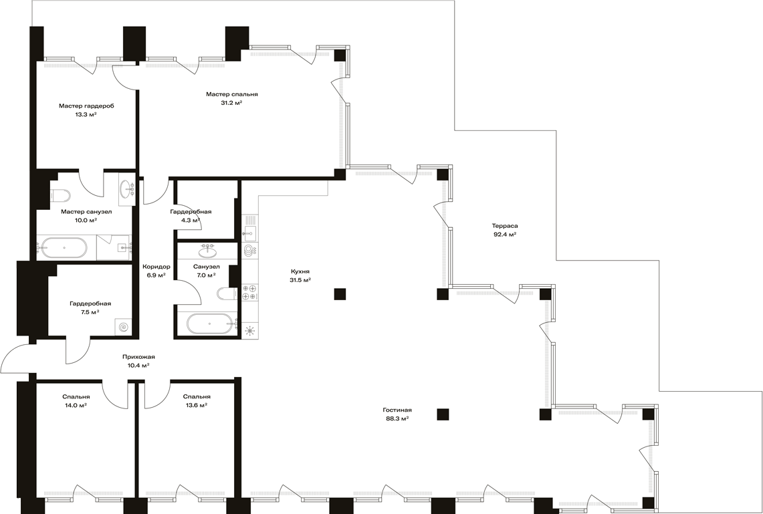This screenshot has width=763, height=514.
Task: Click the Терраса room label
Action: tap(505, 226)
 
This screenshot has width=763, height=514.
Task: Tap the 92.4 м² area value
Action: tap(505, 235)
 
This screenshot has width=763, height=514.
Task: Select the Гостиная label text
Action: tap(397, 410)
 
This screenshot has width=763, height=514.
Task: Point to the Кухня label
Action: tap(300, 271)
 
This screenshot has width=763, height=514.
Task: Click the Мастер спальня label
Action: tap(231, 94)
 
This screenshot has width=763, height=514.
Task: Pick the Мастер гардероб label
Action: tap(87, 106)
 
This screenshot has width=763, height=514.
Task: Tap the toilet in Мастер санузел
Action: tap(60, 195)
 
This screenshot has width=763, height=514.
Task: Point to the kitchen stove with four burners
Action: tap(249, 292)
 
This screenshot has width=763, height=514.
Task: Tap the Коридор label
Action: tap(156, 267)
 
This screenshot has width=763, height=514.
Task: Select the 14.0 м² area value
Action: tap(76, 405)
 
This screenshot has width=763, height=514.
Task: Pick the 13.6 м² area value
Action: tap(197, 405)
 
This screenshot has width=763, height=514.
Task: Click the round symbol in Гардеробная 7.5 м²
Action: tap(124, 328)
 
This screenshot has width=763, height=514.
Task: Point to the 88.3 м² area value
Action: tap(397, 418)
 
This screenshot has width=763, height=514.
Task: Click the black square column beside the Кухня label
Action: tap(340, 293)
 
